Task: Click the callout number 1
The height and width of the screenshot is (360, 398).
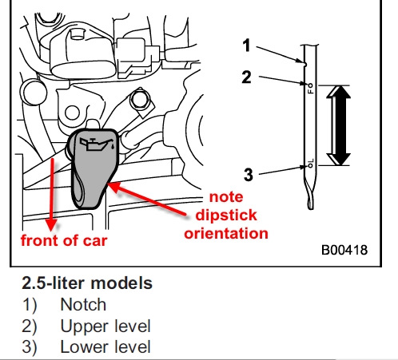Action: tap(247, 45)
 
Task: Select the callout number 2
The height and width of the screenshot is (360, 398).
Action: tap(246, 77)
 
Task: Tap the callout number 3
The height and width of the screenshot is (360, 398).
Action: tap(249, 175)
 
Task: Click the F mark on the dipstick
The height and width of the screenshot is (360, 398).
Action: tap(311, 90)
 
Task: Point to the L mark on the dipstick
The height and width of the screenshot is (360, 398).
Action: tap(312, 160)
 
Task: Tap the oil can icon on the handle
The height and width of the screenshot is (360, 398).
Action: tap(98, 144)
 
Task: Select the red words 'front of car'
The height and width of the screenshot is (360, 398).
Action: tap(64, 240)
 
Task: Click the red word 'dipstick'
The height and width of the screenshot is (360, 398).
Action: tap(226, 215)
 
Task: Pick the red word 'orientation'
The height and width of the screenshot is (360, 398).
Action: tap(226, 233)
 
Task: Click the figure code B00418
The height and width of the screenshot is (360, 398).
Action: tap(344, 250)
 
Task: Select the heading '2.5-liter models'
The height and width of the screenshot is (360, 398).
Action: tap(87, 283)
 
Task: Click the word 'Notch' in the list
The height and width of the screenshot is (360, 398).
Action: tap(83, 304)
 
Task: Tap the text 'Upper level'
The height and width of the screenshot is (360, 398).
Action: tap(105, 326)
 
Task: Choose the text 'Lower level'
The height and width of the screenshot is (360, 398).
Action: tap(105, 347)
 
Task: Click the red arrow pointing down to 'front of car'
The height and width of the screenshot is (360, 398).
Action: tap(52, 194)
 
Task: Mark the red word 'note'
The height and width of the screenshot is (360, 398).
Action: tap(226, 197)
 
